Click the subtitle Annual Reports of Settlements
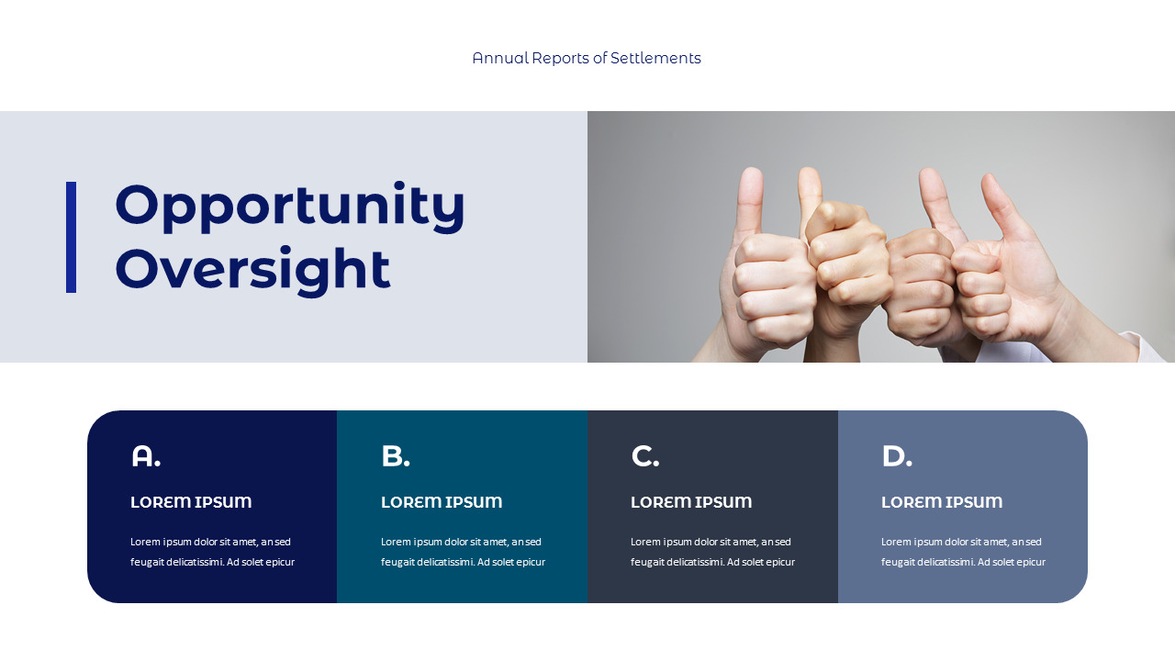[x=587, y=58]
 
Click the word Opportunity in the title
[x=290, y=206]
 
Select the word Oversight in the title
[x=252, y=270]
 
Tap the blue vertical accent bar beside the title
[x=71, y=237]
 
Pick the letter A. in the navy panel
[x=145, y=456]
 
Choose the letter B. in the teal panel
[x=395, y=456]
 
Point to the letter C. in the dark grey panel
[x=644, y=456]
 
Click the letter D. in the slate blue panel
[x=896, y=456]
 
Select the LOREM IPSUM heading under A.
[x=191, y=502]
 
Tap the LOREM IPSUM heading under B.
[x=442, y=502]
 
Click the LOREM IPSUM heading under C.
[x=691, y=502]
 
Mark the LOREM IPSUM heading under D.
[x=942, y=502]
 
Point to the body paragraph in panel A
[x=212, y=552]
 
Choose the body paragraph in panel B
[x=463, y=552]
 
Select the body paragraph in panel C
[x=712, y=552]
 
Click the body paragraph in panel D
[x=963, y=552]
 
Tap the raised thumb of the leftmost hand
[x=751, y=197]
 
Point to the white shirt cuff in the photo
[x=1147, y=348]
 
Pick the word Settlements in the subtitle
[x=655, y=58]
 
